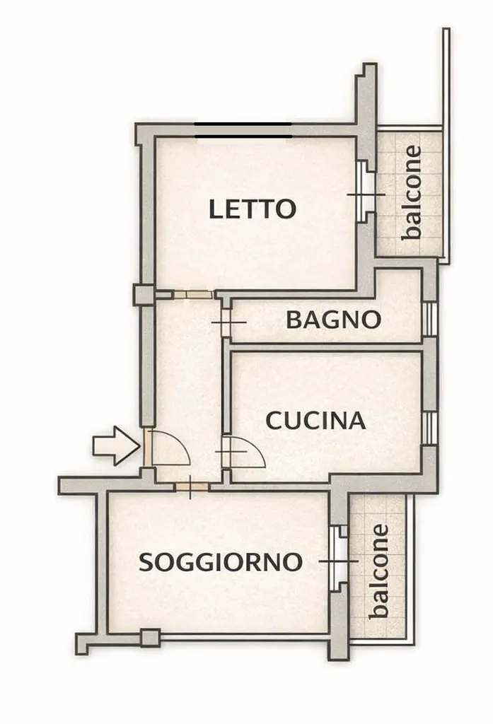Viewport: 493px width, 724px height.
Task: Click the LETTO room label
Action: tap(253, 209)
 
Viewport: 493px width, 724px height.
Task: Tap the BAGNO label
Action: tap(333, 320)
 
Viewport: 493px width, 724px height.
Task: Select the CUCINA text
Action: tap(316, 421)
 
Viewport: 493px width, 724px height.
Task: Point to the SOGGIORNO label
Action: tap(221, 562)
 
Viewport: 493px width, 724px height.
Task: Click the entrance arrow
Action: tap(116, 445)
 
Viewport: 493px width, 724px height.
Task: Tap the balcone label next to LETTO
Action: tap(412, 192)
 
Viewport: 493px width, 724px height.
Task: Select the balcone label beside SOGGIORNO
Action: tap(378, 571)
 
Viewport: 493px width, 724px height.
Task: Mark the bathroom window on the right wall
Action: tap(429, 319)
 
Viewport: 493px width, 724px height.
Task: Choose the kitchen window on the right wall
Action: tap(429, 428)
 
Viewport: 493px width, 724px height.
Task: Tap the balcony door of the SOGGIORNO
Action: tap(339, 559)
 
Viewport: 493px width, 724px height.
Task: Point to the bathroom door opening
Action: tap(226, 322)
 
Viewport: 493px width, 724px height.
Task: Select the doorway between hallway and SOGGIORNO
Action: tap(191, 486)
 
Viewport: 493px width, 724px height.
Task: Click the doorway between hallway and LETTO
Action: tap(193, 294)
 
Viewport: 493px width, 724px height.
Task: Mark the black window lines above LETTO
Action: tap(243, 130)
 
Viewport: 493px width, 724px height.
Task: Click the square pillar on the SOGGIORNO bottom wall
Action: tap(151, 638)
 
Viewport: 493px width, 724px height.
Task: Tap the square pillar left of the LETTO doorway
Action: tap(144, 295)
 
